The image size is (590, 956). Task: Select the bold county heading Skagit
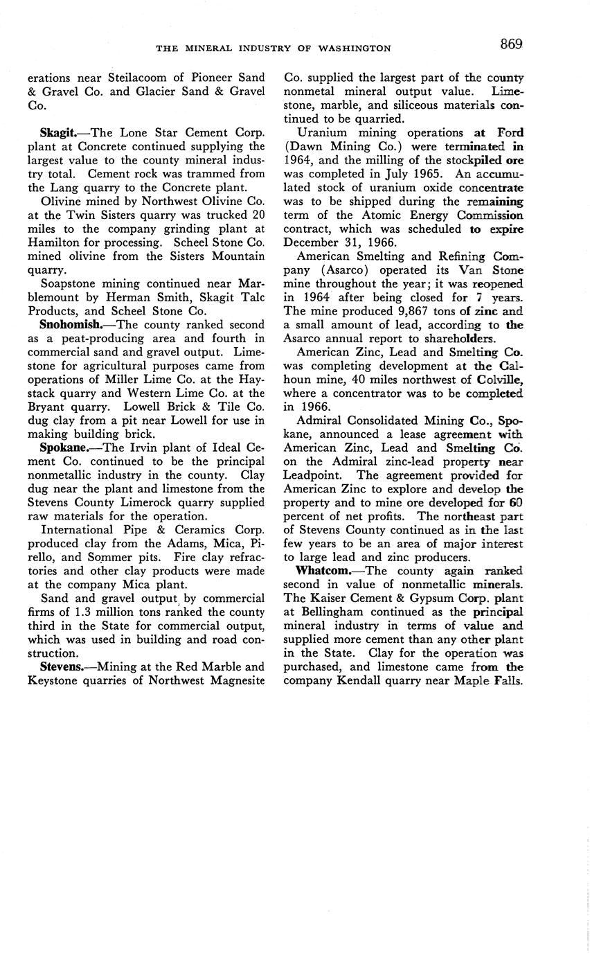click(x=58, y=133)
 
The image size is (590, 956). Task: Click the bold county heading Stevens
click(x=62, y=667)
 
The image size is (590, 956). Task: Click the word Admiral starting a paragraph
click(x=319, y=421)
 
